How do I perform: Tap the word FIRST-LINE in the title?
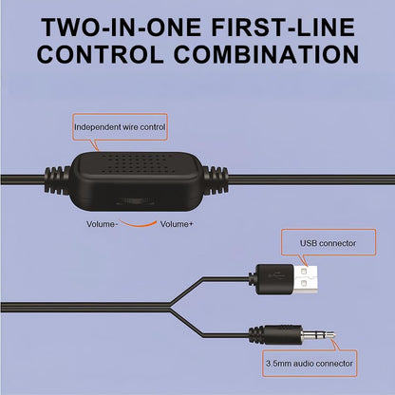(x=283, y=28)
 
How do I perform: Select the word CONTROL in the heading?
(x=101, y=55)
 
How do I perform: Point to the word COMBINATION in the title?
(x=266, y=55)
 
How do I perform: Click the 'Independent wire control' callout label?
(x=120, y=127)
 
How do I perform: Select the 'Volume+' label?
(x=177, y=224)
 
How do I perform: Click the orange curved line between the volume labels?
(x=139, y=225)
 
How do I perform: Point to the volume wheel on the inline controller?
(x=136, y=201)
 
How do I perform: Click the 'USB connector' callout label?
(x=328, y=243)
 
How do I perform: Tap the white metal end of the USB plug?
(x=306, y=279)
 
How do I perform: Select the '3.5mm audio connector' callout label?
(x=310, y=364)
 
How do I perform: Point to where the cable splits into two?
(x=170, y=307)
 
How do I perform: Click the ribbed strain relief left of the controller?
(x=57, y=180)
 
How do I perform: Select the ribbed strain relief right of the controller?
(x=215, y=180)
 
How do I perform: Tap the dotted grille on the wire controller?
(x=135, y=164)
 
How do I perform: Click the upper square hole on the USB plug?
(x=304, y=272)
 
